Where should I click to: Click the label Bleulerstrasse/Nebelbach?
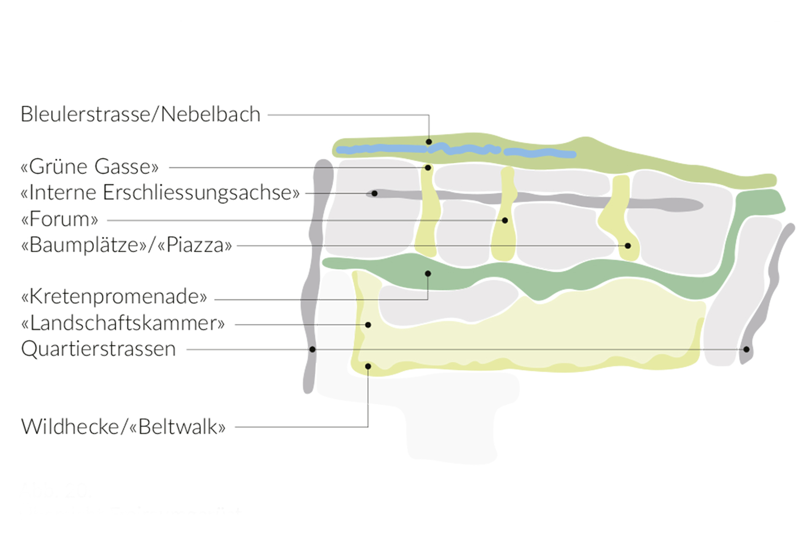click(x=140, y=115)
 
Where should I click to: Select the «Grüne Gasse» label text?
click(x=90, y=167)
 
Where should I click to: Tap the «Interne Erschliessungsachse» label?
click(x=160, y=193)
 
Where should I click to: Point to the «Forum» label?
click(x=59, y=219)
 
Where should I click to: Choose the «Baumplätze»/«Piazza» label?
click(x=126, y=245)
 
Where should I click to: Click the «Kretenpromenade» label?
click(x=114, y=297)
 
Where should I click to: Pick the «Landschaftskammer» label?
click(x=123, y=323)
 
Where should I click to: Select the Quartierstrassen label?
click(x=98, y=349)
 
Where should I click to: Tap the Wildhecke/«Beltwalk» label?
click(x=123, y=427)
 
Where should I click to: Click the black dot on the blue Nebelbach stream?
click(x=429, y=142)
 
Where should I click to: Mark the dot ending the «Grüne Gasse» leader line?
click(x=428, y=168)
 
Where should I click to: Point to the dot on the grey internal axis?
click(x=374, y=193)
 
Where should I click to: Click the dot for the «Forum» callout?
click(x=505, y=220)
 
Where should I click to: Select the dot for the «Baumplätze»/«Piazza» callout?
click(x=628, y=245)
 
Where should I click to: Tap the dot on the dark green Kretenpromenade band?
click(x=428, y=274)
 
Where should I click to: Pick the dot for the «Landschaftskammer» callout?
click(x=368, y=325)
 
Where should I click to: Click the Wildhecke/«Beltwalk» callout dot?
click(x=368, y=366)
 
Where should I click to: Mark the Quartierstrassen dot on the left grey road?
click(x=312, y=350)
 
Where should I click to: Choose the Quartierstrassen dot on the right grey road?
click(x=746, y=350)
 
